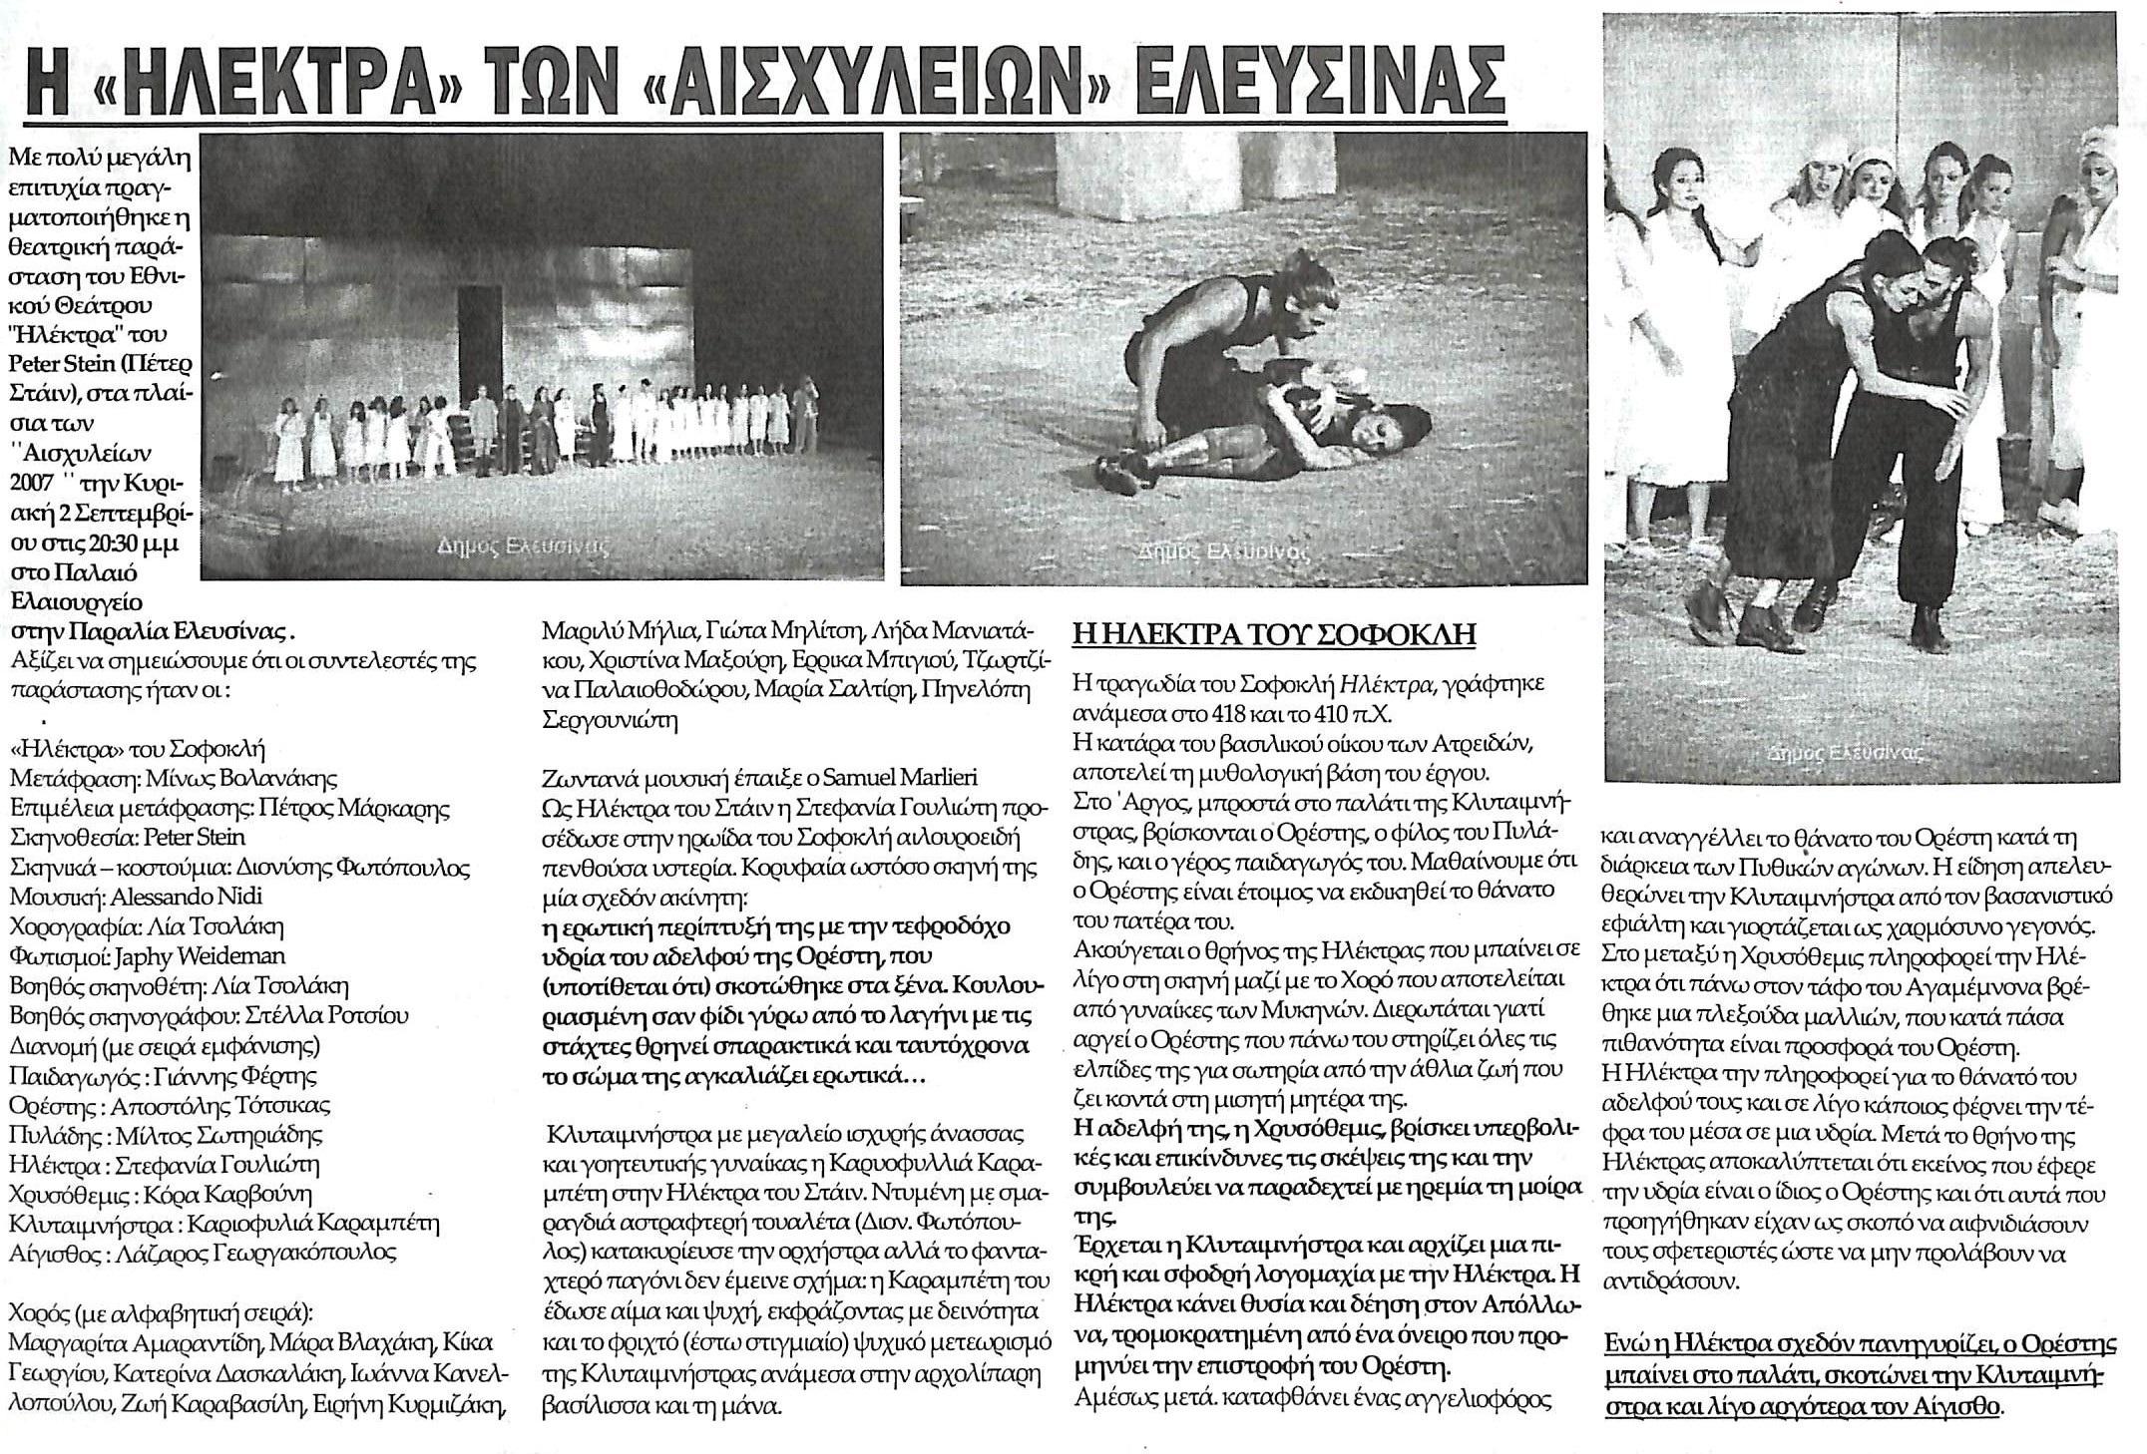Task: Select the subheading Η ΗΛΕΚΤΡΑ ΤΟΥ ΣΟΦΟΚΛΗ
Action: pyautogui.click(x=1274, y=634)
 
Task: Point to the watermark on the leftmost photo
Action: pyautogui.click(x=524, y=546)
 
